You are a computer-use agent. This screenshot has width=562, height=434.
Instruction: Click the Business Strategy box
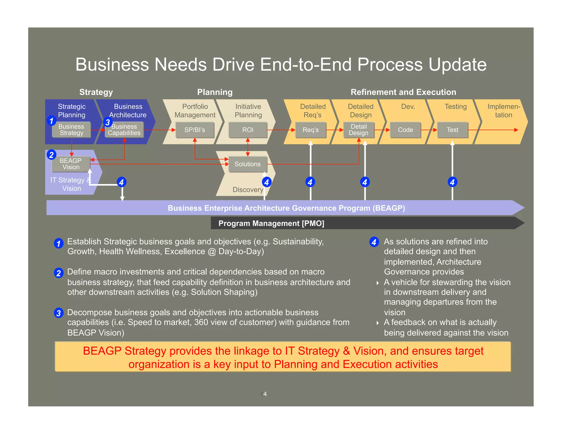[71, 130]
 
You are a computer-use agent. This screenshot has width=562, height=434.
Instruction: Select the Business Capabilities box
[124, 130]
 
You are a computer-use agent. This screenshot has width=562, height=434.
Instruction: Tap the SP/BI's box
[195, 130]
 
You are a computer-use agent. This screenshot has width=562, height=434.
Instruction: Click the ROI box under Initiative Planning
[248, 130]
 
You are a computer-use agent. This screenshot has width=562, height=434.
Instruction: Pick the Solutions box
[248, 164]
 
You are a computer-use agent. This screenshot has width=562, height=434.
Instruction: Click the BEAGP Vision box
[71, 164]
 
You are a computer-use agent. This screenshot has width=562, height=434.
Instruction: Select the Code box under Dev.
[405, 130]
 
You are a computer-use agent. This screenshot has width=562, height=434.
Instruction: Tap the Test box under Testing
[452, 130]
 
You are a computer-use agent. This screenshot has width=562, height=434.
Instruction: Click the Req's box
[311, 130]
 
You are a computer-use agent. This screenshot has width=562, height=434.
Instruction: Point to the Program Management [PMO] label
[271, 223]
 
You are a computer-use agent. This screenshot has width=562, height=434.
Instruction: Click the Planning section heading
[215, 92]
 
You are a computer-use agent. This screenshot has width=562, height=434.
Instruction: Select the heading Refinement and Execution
[403, 92]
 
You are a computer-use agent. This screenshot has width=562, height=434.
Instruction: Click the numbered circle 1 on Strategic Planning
[51, 120]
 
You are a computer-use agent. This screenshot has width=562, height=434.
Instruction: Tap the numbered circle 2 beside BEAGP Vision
[51, 155]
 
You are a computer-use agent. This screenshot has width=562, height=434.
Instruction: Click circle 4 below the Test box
[452, 182]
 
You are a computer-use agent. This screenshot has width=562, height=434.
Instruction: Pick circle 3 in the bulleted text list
[58, 313]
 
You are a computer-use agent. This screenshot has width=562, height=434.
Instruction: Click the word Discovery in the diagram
[248, 190]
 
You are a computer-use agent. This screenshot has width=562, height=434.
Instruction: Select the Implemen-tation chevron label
[504, 111]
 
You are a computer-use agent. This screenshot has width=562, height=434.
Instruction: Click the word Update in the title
[457, 65]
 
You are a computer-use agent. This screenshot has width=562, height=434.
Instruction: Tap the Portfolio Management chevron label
[195, 111]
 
